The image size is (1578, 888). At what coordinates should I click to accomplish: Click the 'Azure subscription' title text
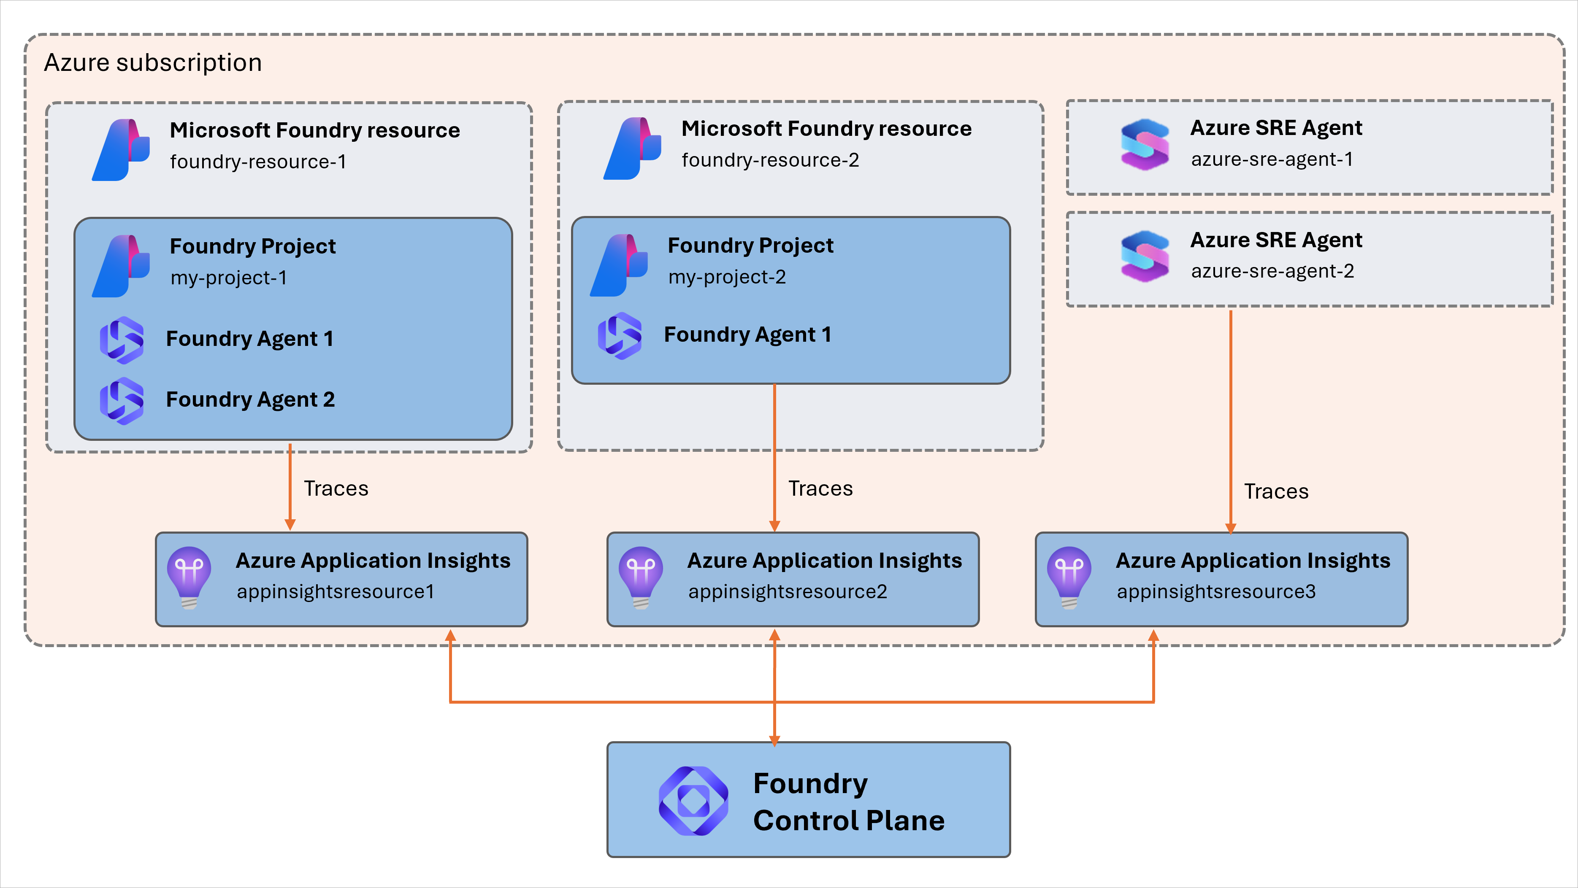click(x=153, y=62)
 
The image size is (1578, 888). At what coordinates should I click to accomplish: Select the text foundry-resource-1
click(x=258, y=162)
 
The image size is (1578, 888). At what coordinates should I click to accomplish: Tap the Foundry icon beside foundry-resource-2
click(x=632, y=149)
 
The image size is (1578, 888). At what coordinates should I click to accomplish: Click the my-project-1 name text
click(x=228, y=278)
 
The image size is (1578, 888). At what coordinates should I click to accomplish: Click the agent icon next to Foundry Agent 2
click(x=122, y=400)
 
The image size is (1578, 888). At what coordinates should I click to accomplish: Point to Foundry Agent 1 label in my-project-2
click(x=747, y=335)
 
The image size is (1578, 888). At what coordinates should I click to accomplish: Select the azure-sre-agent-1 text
click(x=1272, y=159)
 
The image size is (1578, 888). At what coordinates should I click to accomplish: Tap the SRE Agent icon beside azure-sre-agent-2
click(x=1144, y=256)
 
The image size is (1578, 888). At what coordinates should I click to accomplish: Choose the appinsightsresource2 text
click(x=787, y=591)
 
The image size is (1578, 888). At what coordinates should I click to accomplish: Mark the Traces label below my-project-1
click(x=336, y=489)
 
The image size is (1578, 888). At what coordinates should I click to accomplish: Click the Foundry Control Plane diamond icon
click(x=693, y=800)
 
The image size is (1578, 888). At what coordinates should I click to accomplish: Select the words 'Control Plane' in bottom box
click(x=848, y=821)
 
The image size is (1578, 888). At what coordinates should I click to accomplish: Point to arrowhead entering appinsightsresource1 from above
click(x=290, y=525)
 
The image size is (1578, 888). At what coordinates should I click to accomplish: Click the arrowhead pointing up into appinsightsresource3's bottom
click(x=1153, y=636)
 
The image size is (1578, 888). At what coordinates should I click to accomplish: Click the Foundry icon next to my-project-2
click(x=619, y=266)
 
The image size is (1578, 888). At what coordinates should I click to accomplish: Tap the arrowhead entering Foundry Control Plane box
click(x=774, y=740)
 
